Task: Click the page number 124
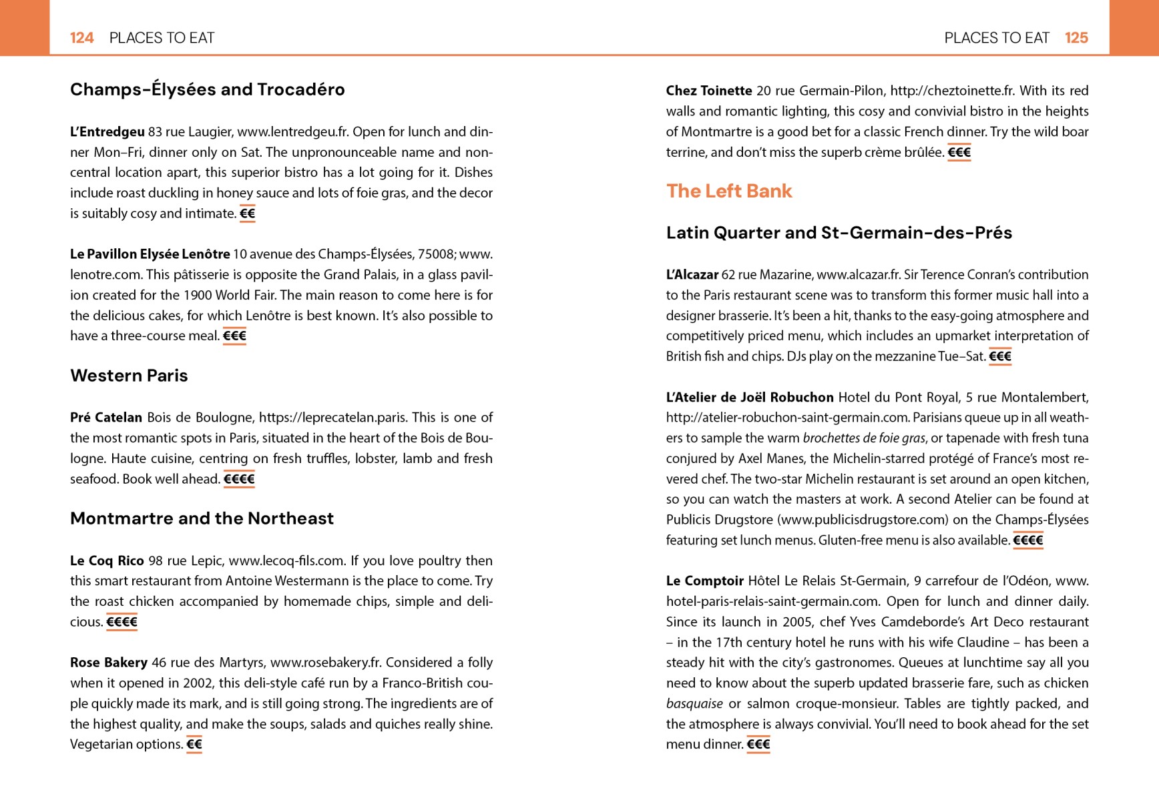(x=81, y=38)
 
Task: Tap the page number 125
(x=1076, y=38)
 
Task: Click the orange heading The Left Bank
(x=729, y=191)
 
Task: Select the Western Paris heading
(x=129, y=376)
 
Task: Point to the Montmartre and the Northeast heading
(x=202, y=518)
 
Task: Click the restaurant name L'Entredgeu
(x=107, y=132)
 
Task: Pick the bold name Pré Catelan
(x=106, y=418)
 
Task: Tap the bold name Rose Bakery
(x=109, y=663)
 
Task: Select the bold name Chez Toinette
(x=709, y=91)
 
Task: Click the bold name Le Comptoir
(x=704, y=581)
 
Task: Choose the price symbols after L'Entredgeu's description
(x=247, y=214)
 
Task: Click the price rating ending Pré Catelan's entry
(x=239, y=479)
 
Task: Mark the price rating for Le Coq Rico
(x=122, y=622)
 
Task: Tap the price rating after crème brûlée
(x=959, y=153)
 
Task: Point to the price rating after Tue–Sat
(x=999, y=356)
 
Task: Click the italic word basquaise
(x=694, y=704)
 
